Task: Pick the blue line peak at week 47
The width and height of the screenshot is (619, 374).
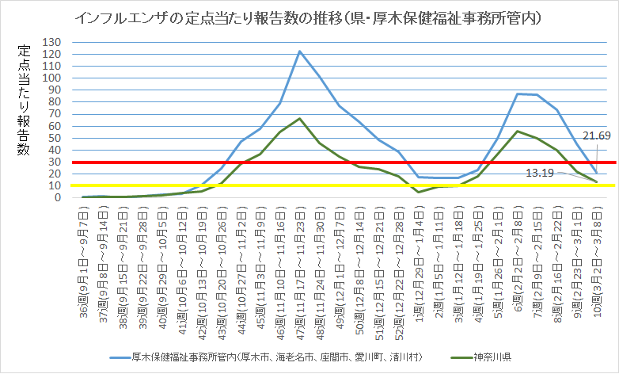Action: (x=300, y=52)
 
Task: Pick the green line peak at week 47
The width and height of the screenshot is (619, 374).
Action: (x=300, y=119)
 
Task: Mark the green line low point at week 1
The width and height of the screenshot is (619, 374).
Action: (x=419, y=192)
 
